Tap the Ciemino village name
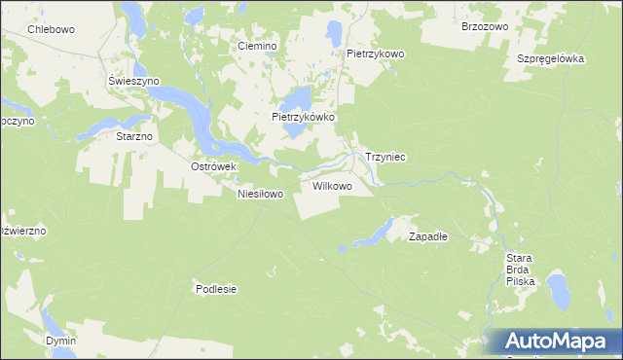point(258,46)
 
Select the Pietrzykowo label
point(376,54)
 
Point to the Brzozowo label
point(485,27)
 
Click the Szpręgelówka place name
point(550,58)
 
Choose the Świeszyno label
point(134,81)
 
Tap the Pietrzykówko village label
point(303,117)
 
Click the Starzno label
point(134,136)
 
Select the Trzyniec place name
point(385,157)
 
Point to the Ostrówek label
point(214,166)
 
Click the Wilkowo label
point(332,185)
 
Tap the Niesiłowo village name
point(260,194)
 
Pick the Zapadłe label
point(427,236)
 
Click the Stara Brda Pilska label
point(521,269)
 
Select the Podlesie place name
point(216,289)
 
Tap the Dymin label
point(60,342)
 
